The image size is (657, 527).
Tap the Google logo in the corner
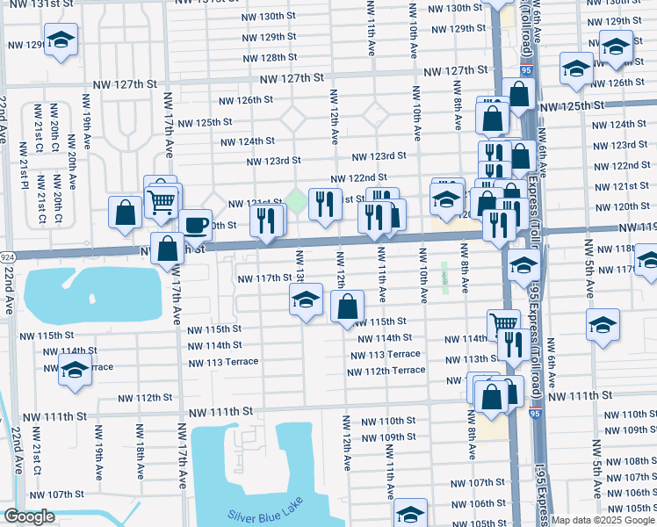click(29, 516)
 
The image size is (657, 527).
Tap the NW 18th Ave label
click(139, 452)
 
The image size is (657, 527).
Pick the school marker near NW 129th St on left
click(61, 40)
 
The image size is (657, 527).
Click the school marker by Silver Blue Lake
click(410, 513)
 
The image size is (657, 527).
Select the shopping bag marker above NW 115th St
click(348, 307)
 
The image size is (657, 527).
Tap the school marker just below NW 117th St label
click(305, 301)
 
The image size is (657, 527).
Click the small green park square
click(298, 202)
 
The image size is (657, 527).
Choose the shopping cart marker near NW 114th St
click(503, 324)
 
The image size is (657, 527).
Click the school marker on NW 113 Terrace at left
click(76, 371)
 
